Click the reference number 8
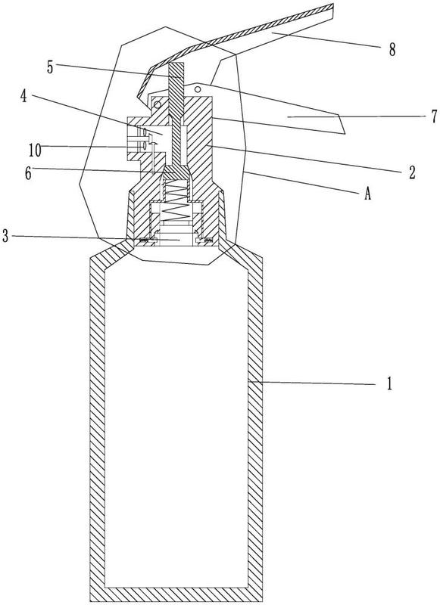click(392, 50)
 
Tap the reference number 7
click(435, 116)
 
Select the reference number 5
click(50, 67)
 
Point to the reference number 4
click(24, 96)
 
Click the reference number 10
click(35, 150)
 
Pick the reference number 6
click(28, 174)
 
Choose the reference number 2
click(412, 172)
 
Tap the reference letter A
click(367, 194)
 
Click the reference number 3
click(5, 236)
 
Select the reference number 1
click(389, 384)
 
